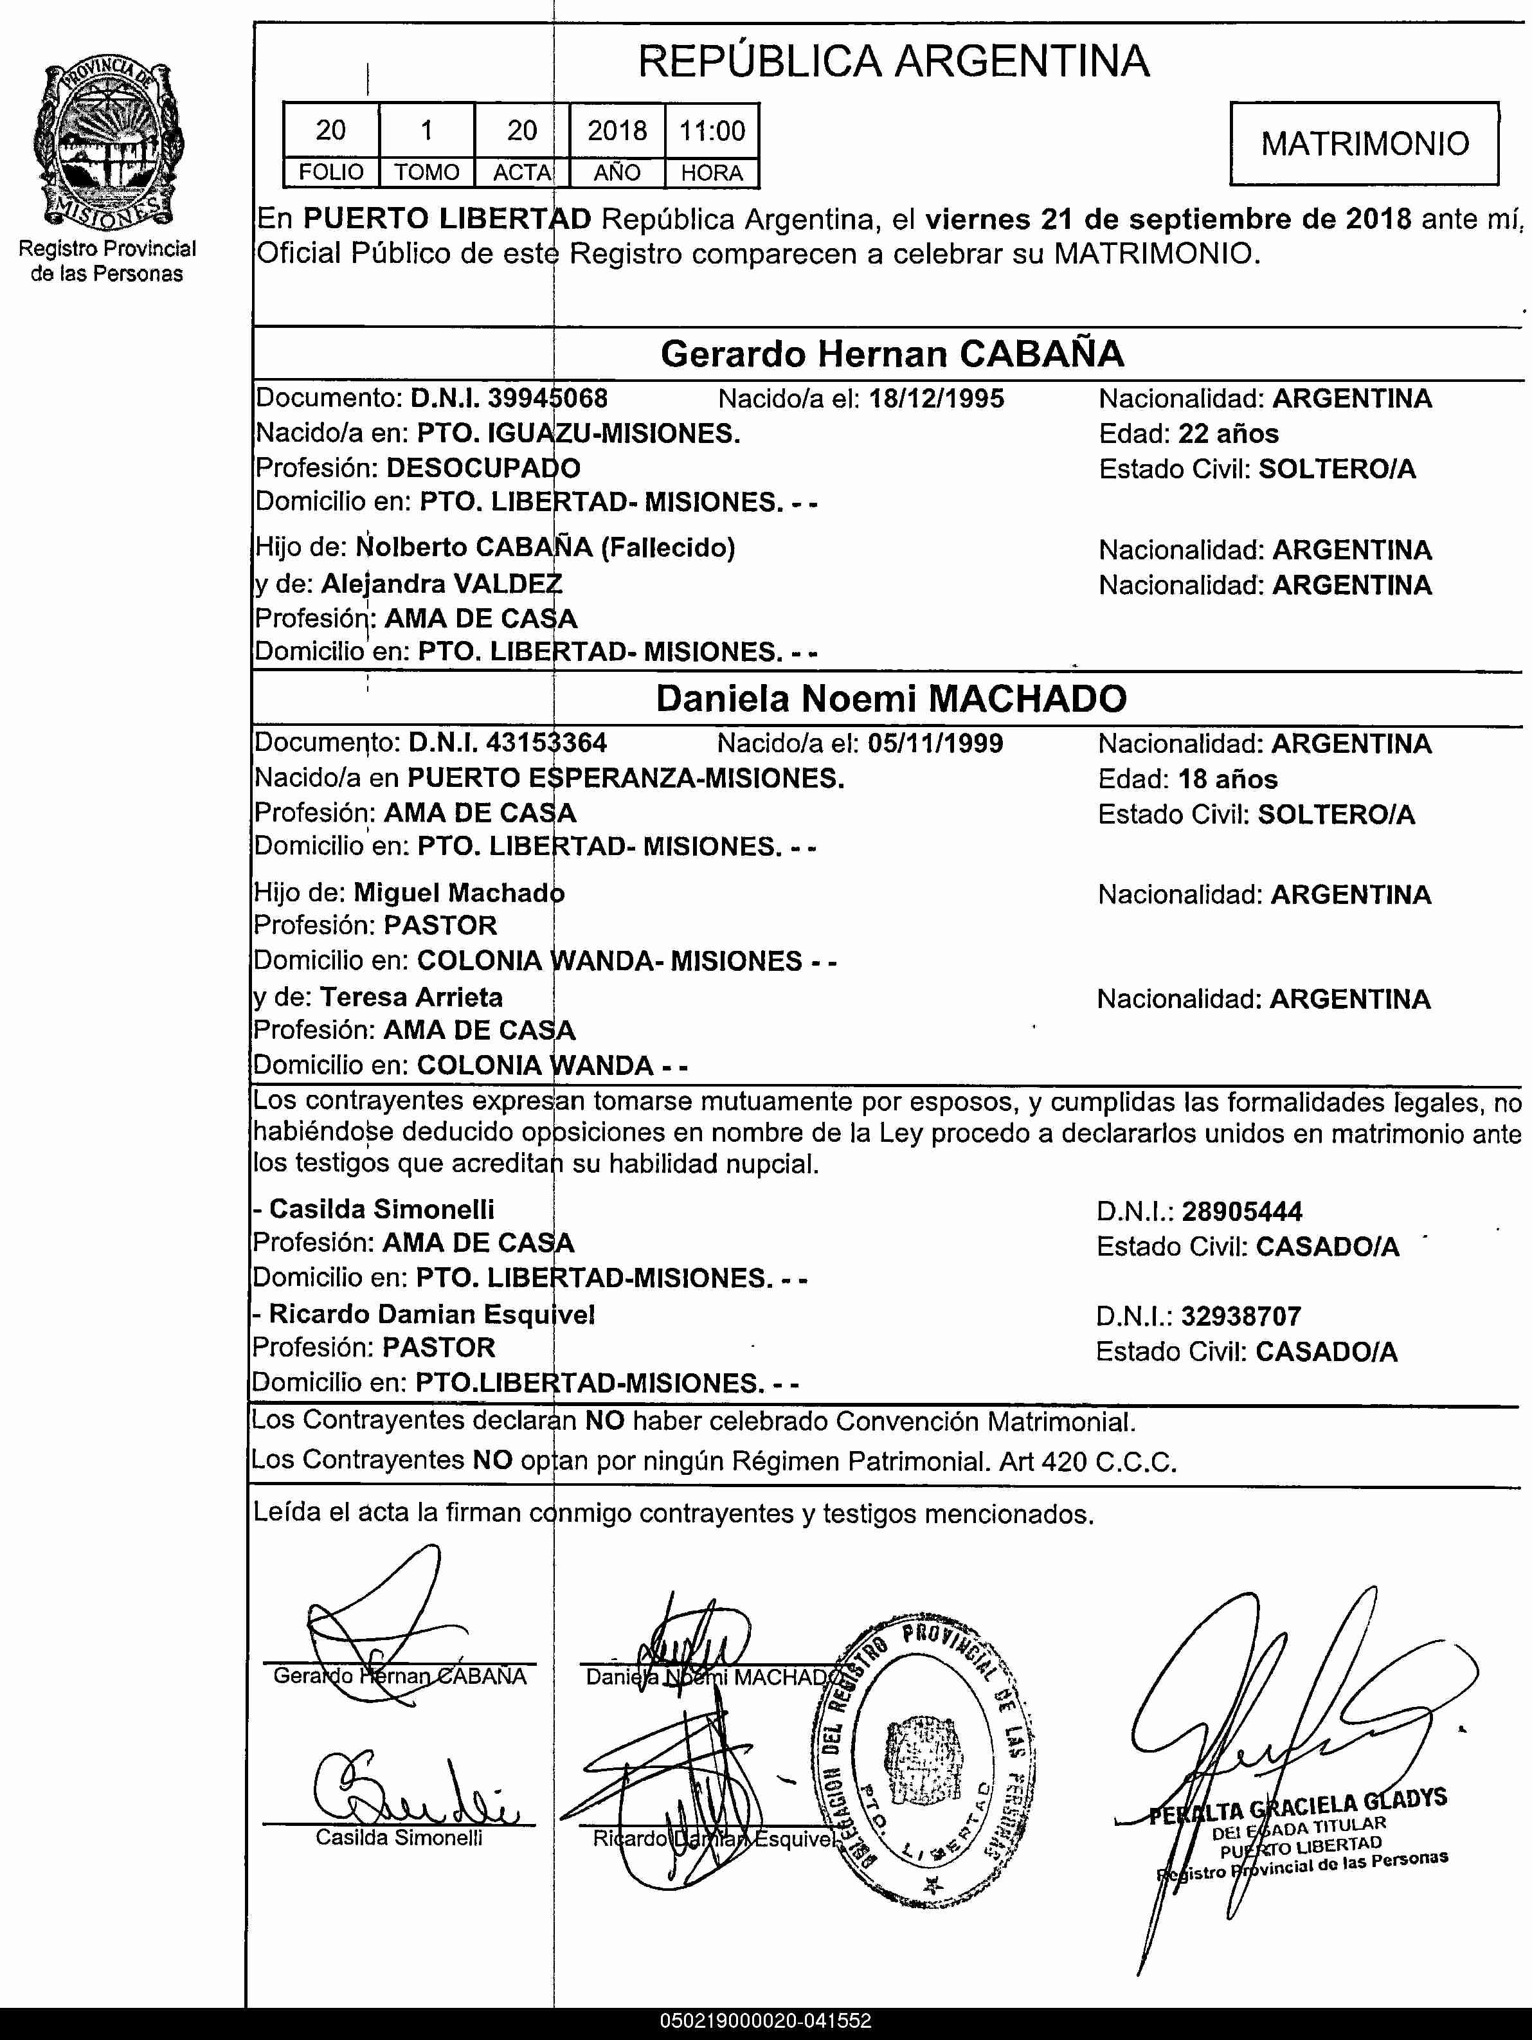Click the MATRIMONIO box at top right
1364,144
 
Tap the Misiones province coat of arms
107,146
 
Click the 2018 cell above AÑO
617,131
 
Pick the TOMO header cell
426,172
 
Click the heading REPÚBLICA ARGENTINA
893,62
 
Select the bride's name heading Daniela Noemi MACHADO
891,699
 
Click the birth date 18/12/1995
936,399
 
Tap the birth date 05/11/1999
935,743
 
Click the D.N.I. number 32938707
1241,1316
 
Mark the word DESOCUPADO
482,469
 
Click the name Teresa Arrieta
411,997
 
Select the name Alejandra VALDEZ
441,584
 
